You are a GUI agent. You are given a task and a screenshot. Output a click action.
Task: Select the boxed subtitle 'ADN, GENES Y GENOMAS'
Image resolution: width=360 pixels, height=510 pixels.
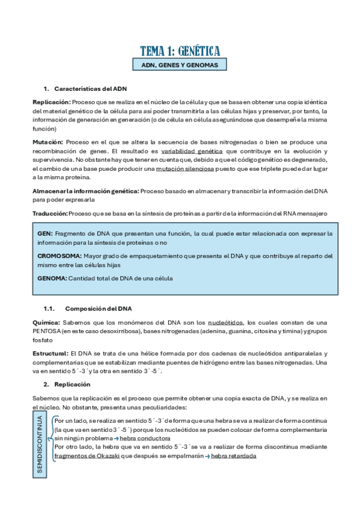[x=180, y=65]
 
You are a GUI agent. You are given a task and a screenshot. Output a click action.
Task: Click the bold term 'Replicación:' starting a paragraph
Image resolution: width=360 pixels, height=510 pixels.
[x=52, y=102]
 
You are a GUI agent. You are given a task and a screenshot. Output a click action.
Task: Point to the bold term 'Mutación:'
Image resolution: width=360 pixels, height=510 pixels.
[x=48, y=142]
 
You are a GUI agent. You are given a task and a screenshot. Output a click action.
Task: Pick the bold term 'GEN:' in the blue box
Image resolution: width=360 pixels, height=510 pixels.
[x=45, y=233]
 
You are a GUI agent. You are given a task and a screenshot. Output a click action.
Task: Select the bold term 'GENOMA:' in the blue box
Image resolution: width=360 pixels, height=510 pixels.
[x=52, y=278]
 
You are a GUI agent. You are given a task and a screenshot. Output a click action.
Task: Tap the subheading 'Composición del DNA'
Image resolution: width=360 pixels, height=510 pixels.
[x=98, y=309]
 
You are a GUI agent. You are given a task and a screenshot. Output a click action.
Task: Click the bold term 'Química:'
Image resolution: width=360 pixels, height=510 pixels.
[x=46, y=322]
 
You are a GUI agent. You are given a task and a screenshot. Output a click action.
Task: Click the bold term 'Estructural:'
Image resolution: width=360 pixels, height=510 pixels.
[x=50, y=353]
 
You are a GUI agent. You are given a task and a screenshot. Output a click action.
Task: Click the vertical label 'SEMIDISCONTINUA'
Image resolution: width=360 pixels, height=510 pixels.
[x=40, y=444]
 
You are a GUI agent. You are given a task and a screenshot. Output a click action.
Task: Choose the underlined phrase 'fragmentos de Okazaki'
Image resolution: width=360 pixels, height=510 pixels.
[x=84, y=456]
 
